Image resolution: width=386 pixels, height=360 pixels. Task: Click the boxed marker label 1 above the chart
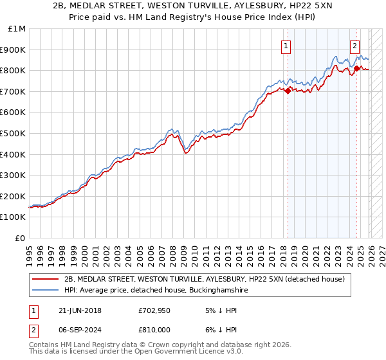(x=285, y=46)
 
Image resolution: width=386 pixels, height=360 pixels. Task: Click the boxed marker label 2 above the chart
(x=354, y=46)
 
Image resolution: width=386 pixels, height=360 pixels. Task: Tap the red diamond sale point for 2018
(x=288, y=91)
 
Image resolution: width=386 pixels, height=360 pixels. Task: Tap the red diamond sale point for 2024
(x=356, y=68)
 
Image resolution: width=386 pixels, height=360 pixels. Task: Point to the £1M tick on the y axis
(x=17, y=29)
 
